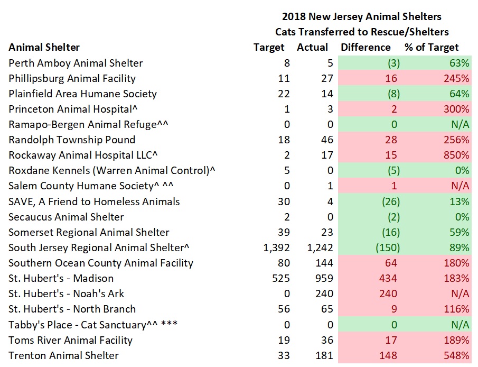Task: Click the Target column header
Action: point(269,48)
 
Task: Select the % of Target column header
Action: point(432,48)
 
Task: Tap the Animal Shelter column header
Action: point(44,48)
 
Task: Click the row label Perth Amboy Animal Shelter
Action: point(76,63)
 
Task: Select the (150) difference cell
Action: point(388,247)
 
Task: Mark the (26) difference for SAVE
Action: point(390,201)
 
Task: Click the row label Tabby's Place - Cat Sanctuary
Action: point(78,325)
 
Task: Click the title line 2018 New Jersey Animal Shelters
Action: point(361,17)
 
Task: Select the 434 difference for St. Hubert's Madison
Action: point(391,278)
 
